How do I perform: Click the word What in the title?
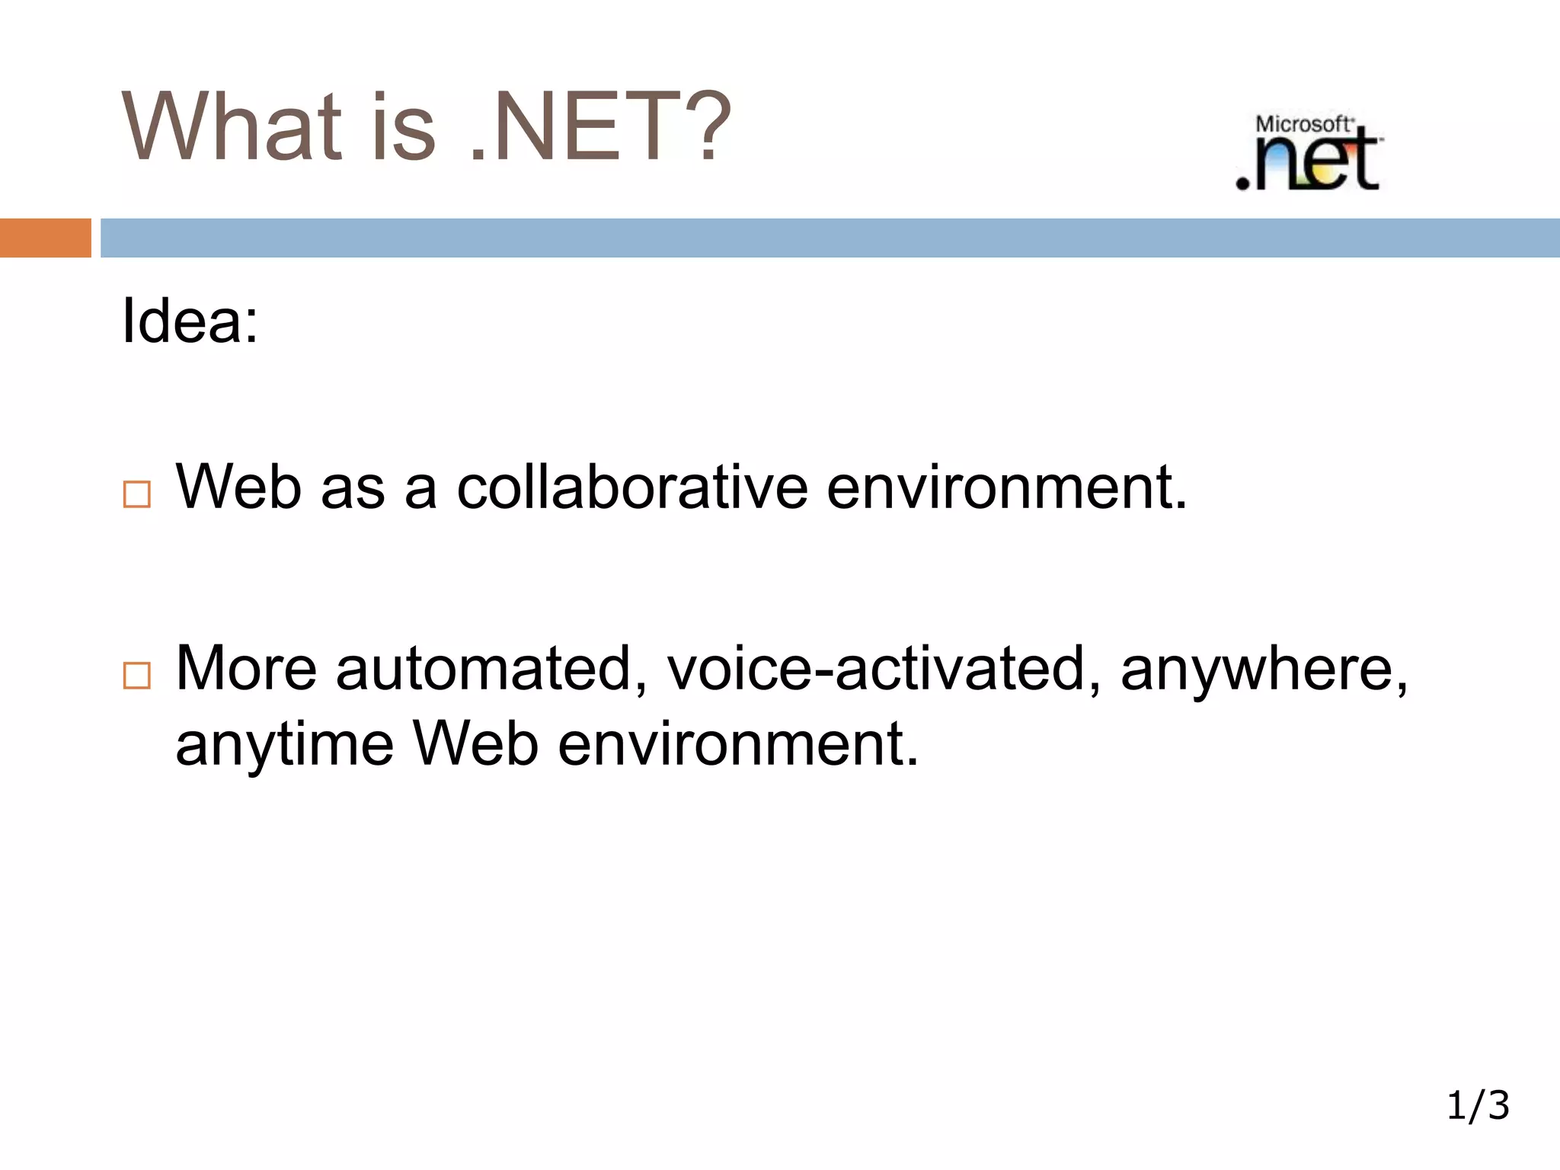tap(232, 126)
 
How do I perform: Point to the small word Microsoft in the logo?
tap(1303, 124)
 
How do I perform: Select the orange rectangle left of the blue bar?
tap(45, 238)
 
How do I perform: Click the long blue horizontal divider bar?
tap(829, 238)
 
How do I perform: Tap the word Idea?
tap(190, 321)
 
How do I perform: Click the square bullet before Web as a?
tap(137, 494)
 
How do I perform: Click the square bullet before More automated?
tap(137, 676)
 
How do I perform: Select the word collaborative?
tap(631, 487)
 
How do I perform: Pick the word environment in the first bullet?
tap(1005, 487)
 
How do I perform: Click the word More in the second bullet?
tap(246, 669)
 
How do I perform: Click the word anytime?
tap(284, 745)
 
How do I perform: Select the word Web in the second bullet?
tap(476, 743)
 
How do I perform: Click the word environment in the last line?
tap(737, 743)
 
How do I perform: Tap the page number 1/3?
tap(1477, 1105)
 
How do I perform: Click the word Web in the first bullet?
tap(238, 487)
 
